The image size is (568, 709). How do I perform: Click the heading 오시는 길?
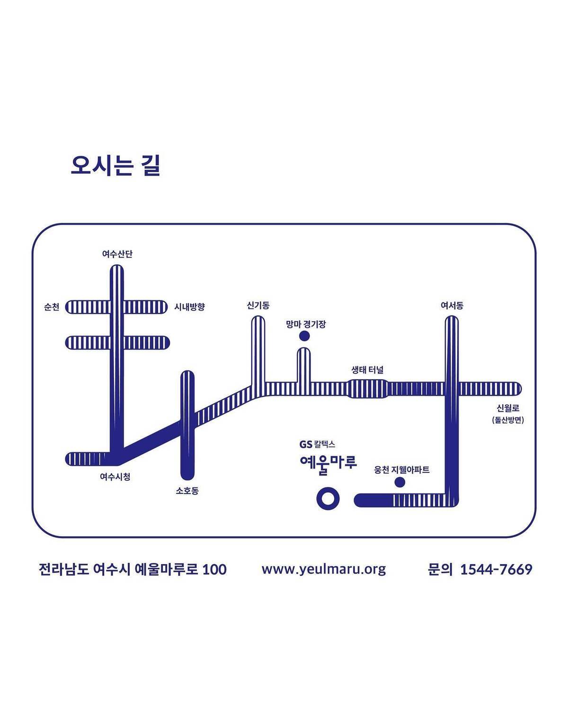tap(115, 166)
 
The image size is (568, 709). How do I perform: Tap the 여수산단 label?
tap(117, 254)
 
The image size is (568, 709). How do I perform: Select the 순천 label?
tap(52, 307)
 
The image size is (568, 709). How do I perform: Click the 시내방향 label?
tap(189, 307)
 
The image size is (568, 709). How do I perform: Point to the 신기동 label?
tap(258, 305)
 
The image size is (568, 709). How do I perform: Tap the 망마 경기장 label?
tap(306, 324)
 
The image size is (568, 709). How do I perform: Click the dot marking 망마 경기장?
tap(304, 336)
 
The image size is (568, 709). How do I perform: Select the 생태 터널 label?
tap(368, 370)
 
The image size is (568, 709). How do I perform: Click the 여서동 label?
tap(452, 305)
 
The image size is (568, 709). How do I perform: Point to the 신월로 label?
tap(508, 408)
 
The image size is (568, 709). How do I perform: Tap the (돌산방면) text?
tap(508, 420)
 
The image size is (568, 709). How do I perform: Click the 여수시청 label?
tap(115, 477)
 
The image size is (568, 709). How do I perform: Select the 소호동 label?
tap(187, 490)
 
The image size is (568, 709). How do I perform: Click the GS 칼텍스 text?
tap(317, 444)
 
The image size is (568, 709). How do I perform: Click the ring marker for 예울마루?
tap(328, 498)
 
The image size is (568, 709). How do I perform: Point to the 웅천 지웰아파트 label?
tap(401, 470)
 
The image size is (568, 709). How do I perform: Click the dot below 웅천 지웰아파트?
tap(399, 482)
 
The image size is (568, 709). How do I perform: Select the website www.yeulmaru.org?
tap(324, 569)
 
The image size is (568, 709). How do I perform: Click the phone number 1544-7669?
tap(496, 569)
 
